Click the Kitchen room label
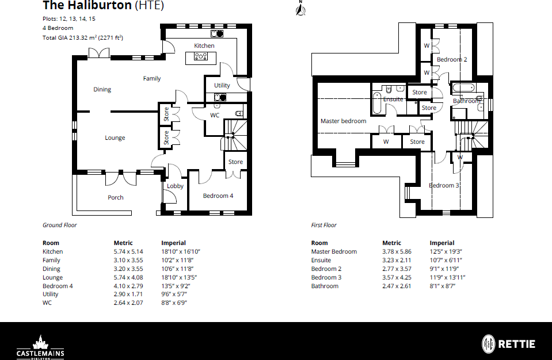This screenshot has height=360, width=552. [x=204, y=45]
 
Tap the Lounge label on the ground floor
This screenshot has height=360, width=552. [x=115, y=138]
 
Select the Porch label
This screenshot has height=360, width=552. [x=116, y=198]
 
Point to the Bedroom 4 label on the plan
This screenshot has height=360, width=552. [x=218, y=196]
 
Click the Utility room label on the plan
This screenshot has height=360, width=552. [x=222, y=86]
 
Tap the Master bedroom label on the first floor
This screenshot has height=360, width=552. [x=343, y=121]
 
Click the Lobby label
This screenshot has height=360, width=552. [x=175, y=186]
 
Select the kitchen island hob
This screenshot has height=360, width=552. [x=201, y=56]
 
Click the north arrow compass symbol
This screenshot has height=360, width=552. [x=300, y=9]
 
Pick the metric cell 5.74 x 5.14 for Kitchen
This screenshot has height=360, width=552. [x=128, y=252]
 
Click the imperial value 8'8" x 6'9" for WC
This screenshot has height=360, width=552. [x=174, y=302]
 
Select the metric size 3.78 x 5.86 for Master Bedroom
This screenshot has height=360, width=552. [x=397, y=252]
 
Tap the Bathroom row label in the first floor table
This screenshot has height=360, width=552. [x=325, y=286]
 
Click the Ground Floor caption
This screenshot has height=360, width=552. [x=59, y=225]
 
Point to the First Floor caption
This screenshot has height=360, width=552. [x=323, y=225]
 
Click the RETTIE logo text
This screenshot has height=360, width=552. [x=517, y=344]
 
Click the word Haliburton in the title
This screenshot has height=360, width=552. [x=100, y=5]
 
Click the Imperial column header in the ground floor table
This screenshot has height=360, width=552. [x=173, y=243]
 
